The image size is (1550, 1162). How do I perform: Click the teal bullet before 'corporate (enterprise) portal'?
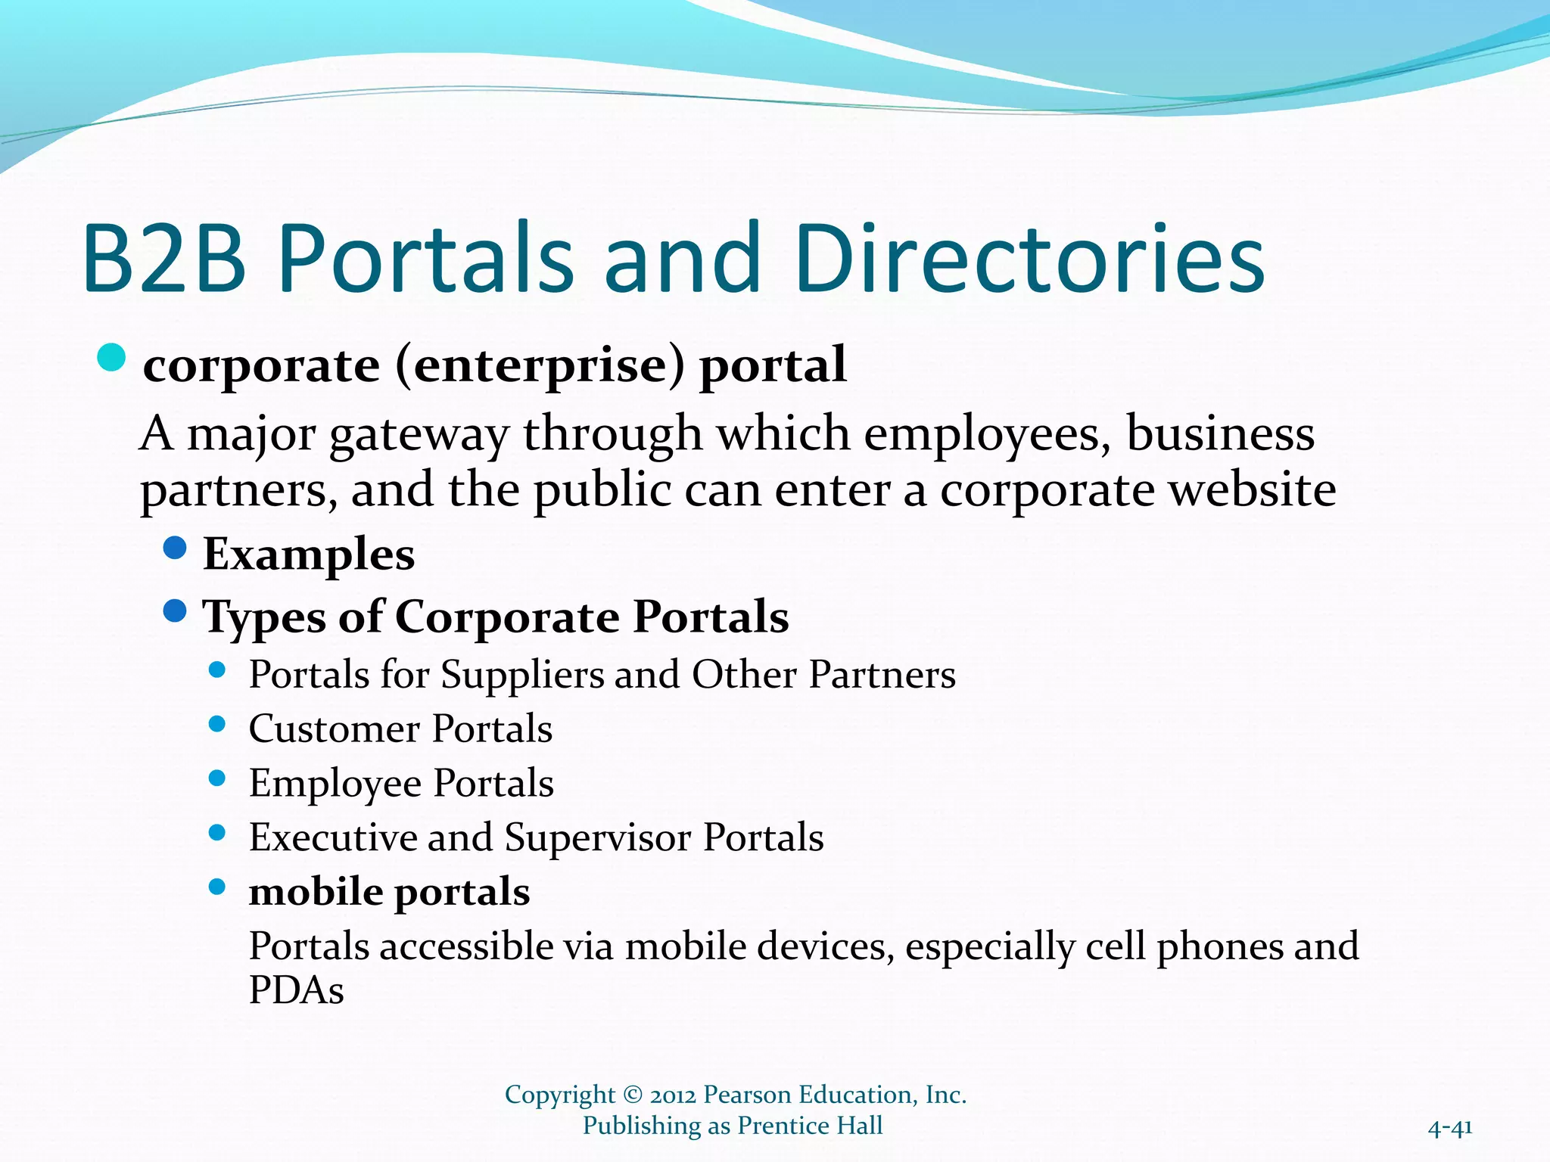[112, 358]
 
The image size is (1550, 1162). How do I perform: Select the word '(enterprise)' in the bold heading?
[539, 367]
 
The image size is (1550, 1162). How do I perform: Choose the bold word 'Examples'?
[309, 555]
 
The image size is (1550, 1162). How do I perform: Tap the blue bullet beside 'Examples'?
[175, 548]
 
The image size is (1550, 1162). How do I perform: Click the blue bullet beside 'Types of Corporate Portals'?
[175, 611]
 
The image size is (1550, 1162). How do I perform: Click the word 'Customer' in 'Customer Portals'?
[334, 729]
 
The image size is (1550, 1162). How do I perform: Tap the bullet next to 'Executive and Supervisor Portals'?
[217, 833]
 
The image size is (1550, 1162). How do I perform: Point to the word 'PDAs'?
[296, 990]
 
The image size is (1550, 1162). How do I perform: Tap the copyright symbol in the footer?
[632, 1095]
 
